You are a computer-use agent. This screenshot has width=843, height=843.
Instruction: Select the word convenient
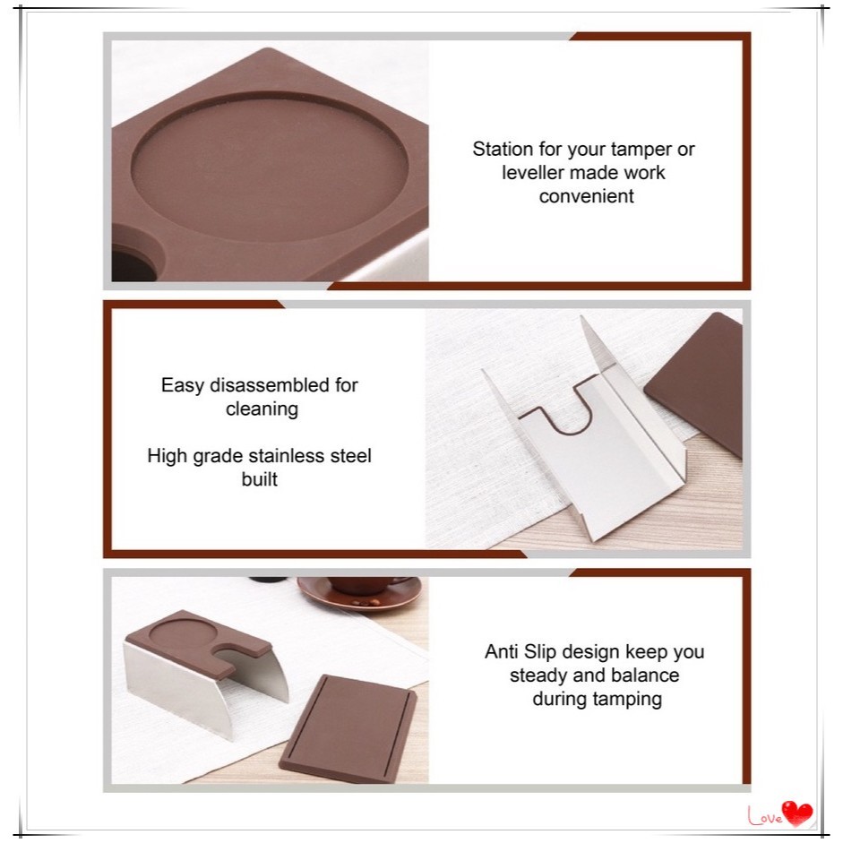[x=586, y=196]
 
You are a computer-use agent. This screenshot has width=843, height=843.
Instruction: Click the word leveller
[x=532, y=173]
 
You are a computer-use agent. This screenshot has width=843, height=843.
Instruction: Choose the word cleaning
[x=262, y=409]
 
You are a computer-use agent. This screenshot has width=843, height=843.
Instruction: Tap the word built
[x=259, y=479]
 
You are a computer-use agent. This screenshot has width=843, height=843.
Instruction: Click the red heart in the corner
[x=797, y=813]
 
